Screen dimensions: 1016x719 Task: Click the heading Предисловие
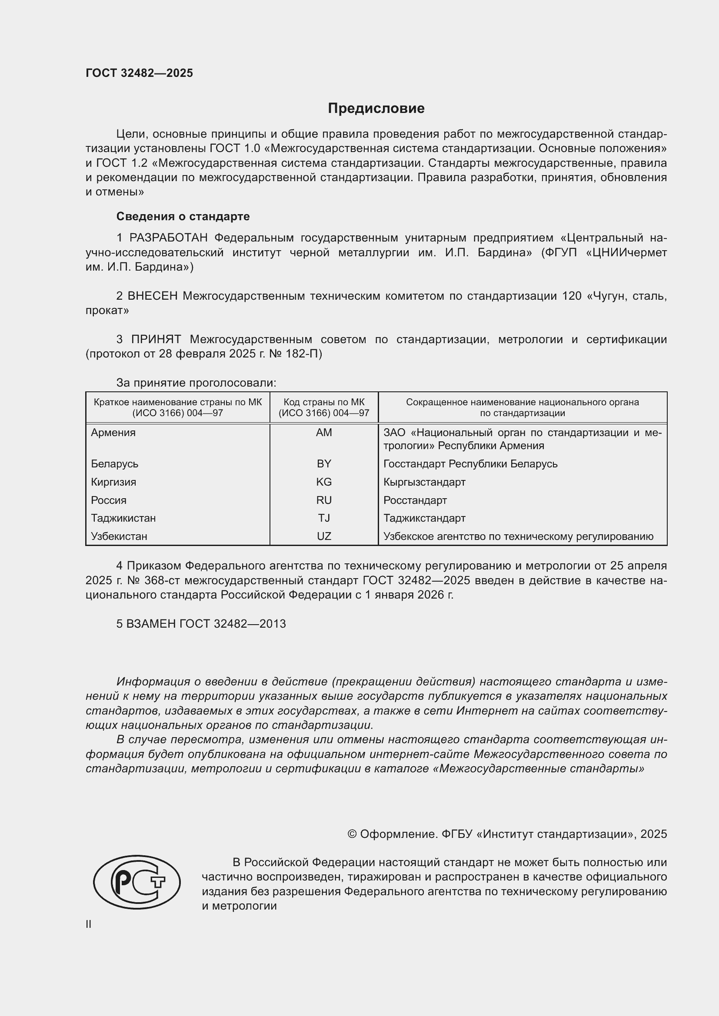[x=376, y=109]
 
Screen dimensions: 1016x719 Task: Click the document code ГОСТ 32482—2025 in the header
[x=139, y=73]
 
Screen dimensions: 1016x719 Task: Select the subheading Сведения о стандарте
[x=183, y=216]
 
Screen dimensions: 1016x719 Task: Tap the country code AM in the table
[x=324, y=433]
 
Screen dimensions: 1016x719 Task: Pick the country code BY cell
[x=324, y=464]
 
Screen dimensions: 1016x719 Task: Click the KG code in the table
[x=324, y=482]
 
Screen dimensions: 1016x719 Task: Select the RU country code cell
[x=324, y=500]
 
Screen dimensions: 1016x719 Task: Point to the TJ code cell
[x=324, y=518]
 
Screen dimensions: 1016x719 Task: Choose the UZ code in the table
[x=324, y=536]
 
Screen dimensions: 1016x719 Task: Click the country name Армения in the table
[x=113, y=433]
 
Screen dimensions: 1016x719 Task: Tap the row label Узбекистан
[x=119, y=536]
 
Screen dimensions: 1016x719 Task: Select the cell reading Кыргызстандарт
[x=424, y=482]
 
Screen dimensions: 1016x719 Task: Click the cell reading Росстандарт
[x=415, y=500]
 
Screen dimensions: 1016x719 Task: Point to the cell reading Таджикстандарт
[x=424, y=518]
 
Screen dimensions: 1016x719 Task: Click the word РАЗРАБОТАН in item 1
[x=168, y=238]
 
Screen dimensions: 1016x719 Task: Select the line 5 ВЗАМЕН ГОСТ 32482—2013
[x=201, y=624]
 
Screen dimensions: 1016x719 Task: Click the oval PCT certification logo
[x=137, y=882]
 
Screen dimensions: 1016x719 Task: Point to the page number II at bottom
[x=89, y=924]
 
